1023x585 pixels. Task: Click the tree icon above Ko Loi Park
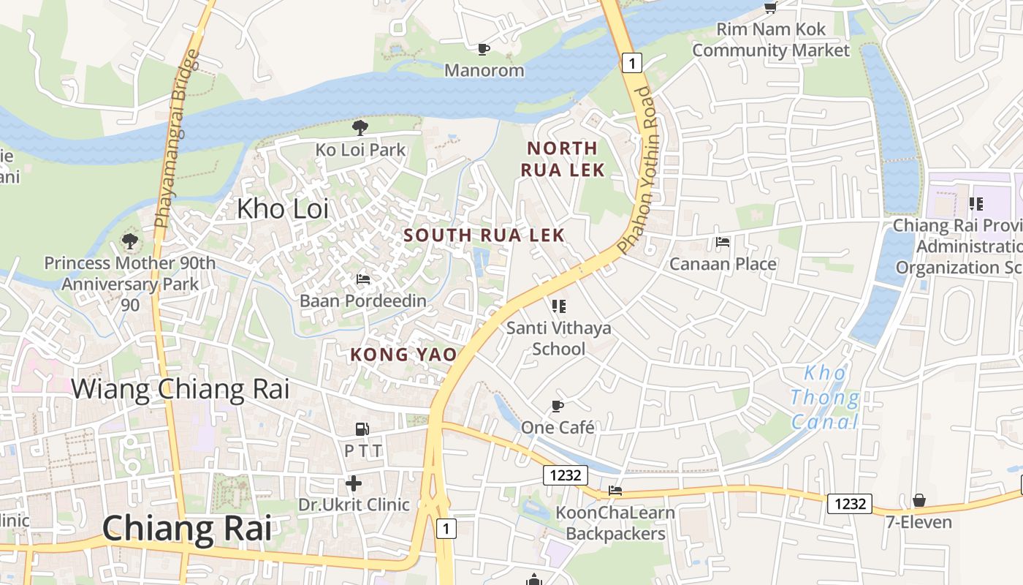click(x=360, y=128)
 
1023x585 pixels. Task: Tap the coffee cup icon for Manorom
click(x=483, y=49)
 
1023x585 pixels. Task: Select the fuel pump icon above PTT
click(x=362, y=429)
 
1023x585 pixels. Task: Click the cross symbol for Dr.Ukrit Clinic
click(x=354, y=483)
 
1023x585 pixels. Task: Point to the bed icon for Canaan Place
click(x=723, y=242)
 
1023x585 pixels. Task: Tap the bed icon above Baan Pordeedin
click(x=362, y=279)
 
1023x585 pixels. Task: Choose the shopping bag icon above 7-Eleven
click(x=919, y=501)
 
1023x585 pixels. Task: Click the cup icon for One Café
click(x=558, y=406)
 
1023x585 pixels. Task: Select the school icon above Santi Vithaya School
click(x=559, y=306)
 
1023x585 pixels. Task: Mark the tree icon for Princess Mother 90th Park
click(x=130, y=241)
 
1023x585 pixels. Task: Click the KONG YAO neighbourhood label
click(x=403, y=355)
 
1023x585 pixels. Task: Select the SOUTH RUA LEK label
click(x=484, y=235)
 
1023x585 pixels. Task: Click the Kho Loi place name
click(x=282, y=208)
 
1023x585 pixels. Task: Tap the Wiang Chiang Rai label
click(x=180, y=388)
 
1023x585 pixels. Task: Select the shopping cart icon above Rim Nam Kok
click(x=770, y=7)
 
